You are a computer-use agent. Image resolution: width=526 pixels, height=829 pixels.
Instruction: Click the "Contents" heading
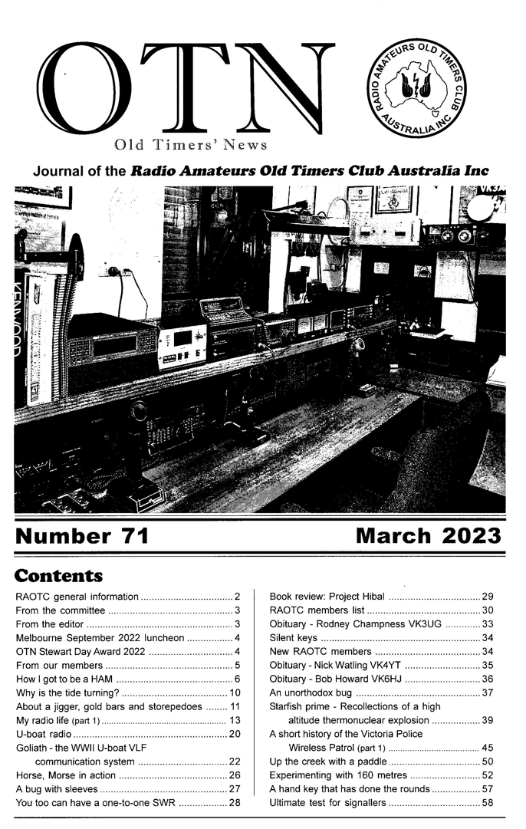coord(58,574)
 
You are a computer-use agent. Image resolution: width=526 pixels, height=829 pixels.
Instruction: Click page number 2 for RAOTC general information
coord(238,596)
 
